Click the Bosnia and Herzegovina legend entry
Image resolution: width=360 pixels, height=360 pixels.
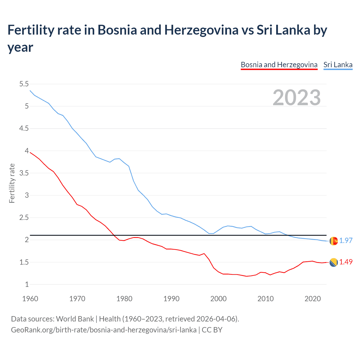click(x=279, y=65)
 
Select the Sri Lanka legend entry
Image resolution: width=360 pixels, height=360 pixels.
click(x=338, y=65)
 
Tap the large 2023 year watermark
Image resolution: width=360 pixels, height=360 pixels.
click(x=297, y=98)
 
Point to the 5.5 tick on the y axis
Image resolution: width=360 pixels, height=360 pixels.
click(x=24, y=84)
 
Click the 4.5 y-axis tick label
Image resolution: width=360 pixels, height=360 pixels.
click(x=24, y=129)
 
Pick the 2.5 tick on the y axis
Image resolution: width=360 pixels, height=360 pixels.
click(x=24, y=218)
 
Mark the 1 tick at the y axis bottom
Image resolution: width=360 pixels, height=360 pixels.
click(x=27, y=284)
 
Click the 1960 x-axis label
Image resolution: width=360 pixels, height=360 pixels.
click(x=30, y=299)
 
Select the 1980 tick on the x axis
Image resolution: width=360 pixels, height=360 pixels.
click(x=124, y=299)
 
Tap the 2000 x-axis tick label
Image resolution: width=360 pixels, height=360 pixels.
click(x=218, y=299)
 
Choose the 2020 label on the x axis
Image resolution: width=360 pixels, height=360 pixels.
click(x=312, y=299)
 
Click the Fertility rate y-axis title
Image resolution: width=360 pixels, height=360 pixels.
click(x=12, y=183)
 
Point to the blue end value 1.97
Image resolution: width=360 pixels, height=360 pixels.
click(x=346, y=240)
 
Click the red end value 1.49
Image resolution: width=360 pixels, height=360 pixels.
click(x=346, y=262)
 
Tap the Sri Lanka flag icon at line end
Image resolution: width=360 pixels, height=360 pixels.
click(x=334, y=241)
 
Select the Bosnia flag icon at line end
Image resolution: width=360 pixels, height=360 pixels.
click(x=334, y=262)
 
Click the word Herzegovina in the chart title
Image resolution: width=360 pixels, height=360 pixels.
click(x=201, y=30)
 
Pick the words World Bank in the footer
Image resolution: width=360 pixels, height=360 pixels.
click(x=75, y=319)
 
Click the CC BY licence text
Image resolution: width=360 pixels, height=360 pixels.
click(x=212, y=330)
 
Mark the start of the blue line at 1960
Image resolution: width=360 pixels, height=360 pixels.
click(x=30, y=91)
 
